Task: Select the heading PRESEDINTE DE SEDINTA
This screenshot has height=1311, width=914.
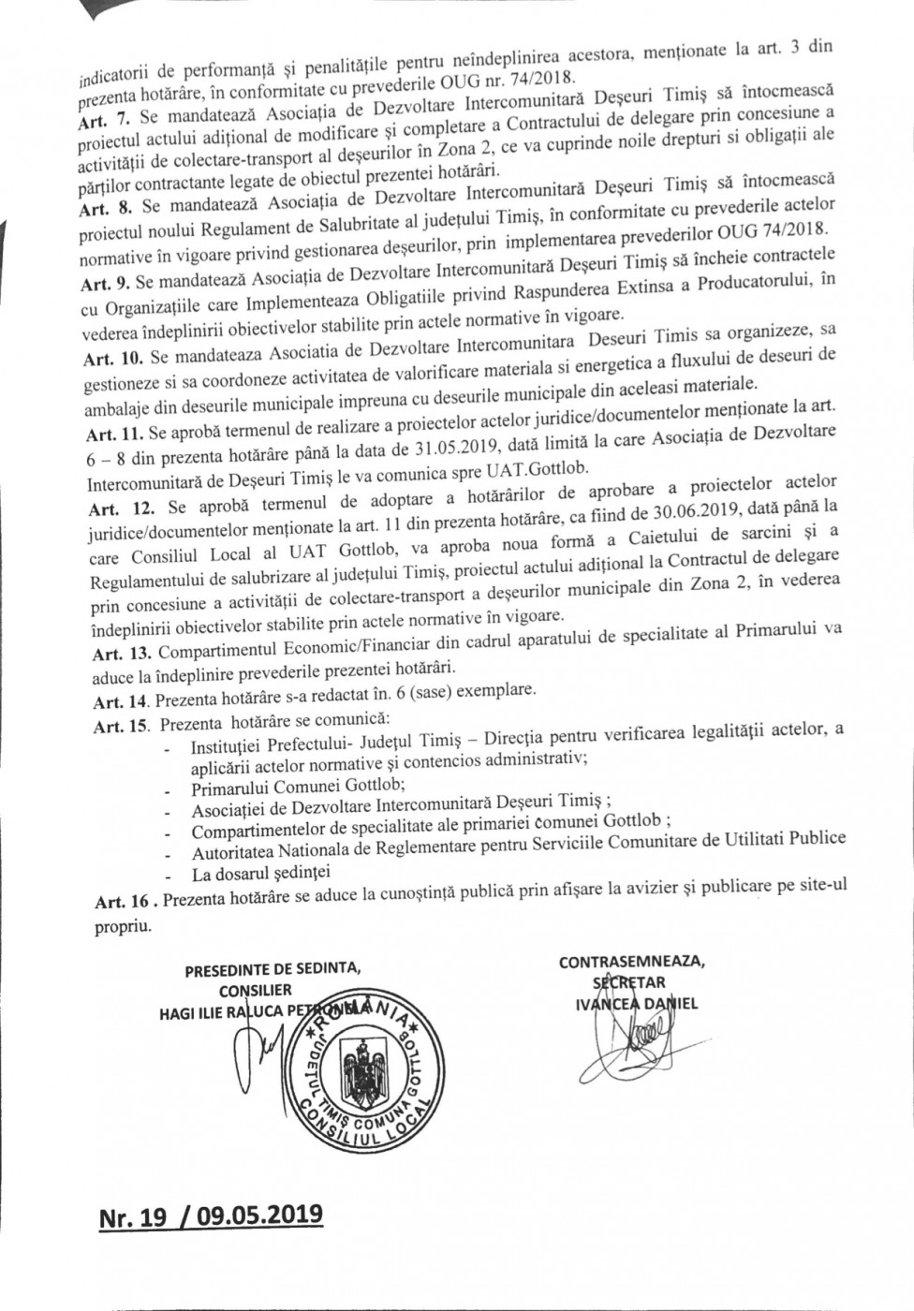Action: point(273,970)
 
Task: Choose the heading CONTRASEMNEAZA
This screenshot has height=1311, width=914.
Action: point(633,962)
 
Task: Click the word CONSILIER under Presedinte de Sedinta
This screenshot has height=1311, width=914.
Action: point(256,989)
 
